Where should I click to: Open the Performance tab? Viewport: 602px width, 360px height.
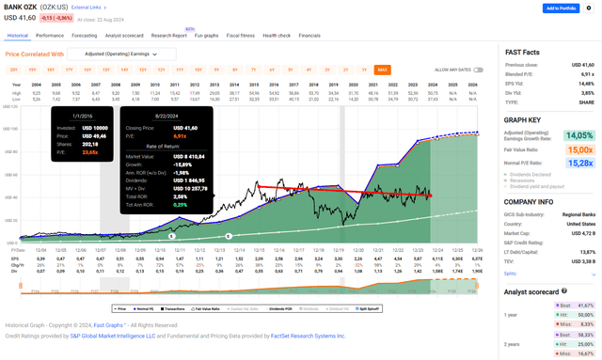50,35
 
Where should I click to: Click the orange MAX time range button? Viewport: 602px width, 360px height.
383,70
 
